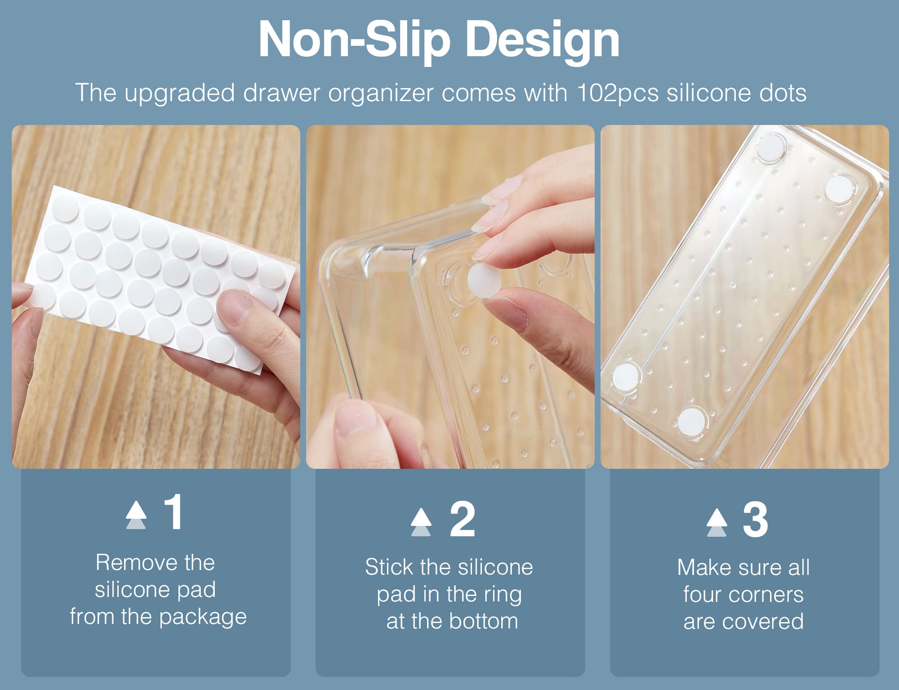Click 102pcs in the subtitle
tap(618, 93)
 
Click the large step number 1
tap(174, 512)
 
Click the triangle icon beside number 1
tap(136, 515)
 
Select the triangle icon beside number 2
tap(421, 522)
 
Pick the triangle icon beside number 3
tap(717, 522)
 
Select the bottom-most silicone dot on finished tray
tap(691, 422)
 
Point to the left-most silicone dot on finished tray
tap(625, 375)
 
